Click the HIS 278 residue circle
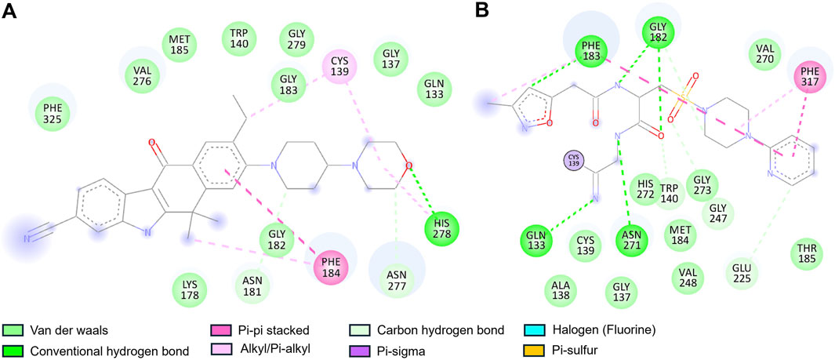[x=441, y=229]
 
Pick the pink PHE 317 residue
[x=811, y=78]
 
